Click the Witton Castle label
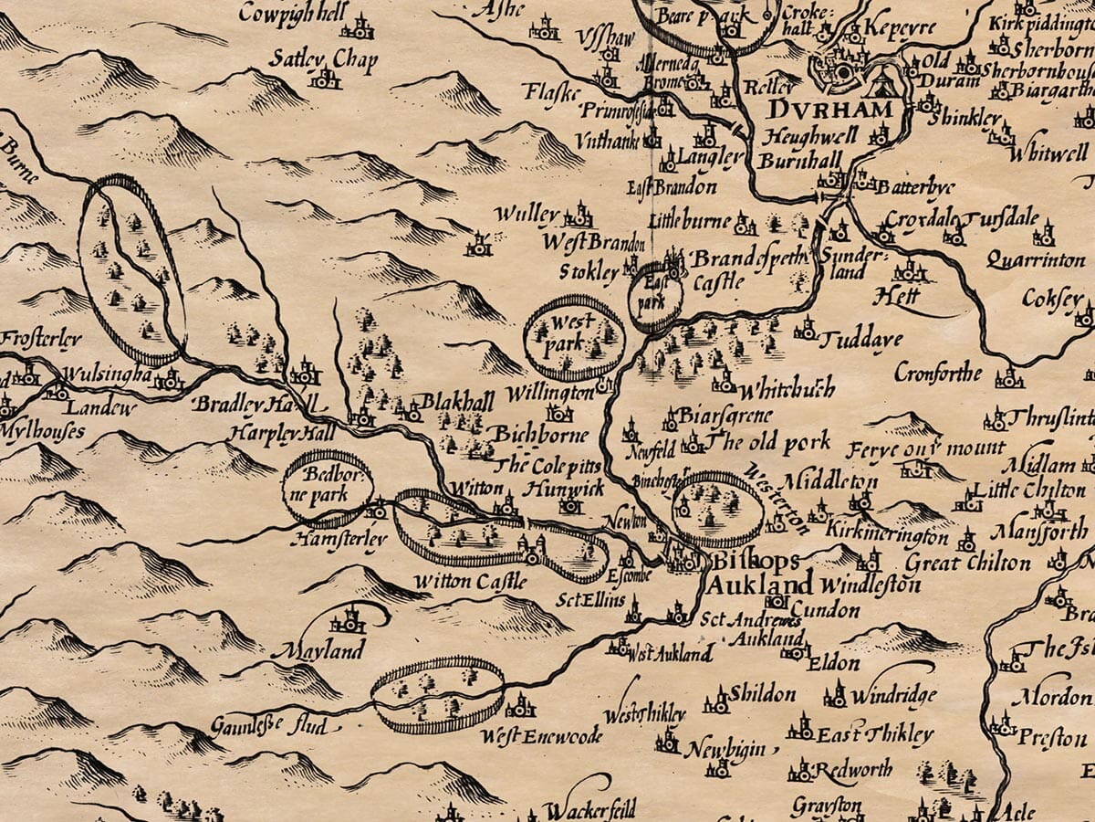click(x=470, y=581)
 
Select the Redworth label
click(x=851, y=770)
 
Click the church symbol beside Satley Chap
click(x=324, y=79)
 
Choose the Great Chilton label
click(x=967, y=563)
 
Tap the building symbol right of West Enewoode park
click(x=520, y=705)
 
